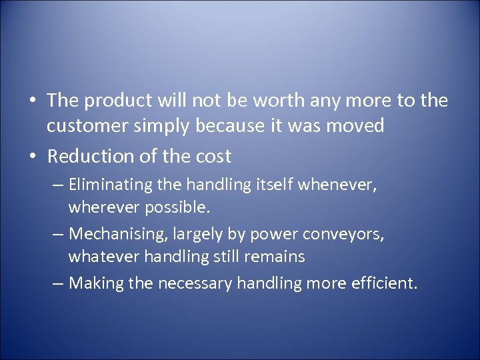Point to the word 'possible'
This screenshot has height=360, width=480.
point(175,207)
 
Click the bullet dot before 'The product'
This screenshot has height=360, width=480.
point(33,101)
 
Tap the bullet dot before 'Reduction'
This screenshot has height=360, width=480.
point(33,157)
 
